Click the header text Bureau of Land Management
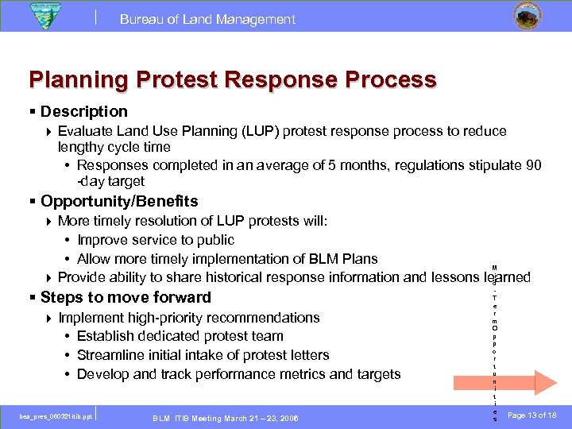point(207,19)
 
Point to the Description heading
point(83,112)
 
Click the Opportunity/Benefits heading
point(119,202)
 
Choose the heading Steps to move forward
point(126,298)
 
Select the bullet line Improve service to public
point(156,240)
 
